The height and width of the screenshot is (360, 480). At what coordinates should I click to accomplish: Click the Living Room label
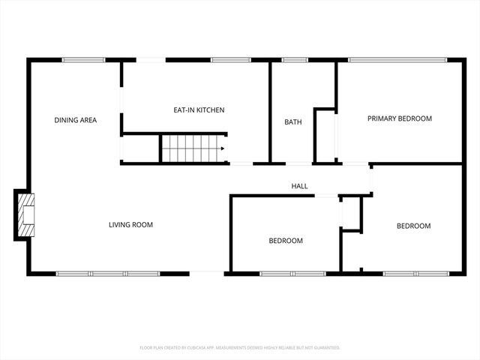coord(131,224)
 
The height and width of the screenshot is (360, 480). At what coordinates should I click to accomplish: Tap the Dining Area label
coord(75,120)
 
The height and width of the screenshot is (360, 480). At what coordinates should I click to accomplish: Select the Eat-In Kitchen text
coord(199,110)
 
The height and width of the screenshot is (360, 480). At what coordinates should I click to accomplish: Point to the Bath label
coord(292,122)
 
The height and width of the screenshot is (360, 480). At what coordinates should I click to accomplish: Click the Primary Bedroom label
coord(399,118)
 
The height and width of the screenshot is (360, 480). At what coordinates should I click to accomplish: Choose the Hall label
coord(299,186)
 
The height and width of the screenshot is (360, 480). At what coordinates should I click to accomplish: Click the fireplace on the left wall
coord(25,216)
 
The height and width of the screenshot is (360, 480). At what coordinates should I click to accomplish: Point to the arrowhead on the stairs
coord(223,148)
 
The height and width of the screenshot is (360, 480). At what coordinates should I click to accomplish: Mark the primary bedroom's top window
coord(397,60)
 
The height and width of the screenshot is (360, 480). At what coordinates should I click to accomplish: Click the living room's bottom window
coord(109,273)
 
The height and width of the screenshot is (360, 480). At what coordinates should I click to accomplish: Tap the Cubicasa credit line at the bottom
coord(240,348)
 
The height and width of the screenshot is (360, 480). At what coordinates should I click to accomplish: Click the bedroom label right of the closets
coord(413,226)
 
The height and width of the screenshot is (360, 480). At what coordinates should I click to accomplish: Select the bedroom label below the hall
coord(286,241)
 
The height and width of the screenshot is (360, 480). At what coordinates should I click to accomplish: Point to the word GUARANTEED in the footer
coord(325,348)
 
